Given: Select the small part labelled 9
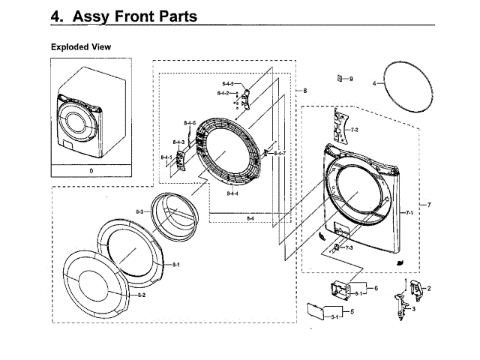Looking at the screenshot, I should pyautogui.click(x=340, y=78).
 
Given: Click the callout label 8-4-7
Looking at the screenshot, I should pyautogui.click(x=279, y=153).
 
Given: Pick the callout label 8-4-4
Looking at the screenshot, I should pyautogui.click(x=232, y=193).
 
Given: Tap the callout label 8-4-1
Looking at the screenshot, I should pyautogui.click(x=166, y=157).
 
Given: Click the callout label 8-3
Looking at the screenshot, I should pyautogui.click(x=139, y=212).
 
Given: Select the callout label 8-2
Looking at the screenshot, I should pyautogui.click(x=141, y=295).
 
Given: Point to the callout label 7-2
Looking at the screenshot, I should pyautogui.click(x=354, y=130).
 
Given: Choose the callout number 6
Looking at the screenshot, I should pyautogui.click(x=375, y=287).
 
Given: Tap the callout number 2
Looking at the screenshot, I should pyautogui.click(x=429, y=288).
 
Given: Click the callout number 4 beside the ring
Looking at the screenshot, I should pyautogui.click(x=374, y=85).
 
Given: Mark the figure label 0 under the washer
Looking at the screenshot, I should pyautogui.click(x=91, y=171).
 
